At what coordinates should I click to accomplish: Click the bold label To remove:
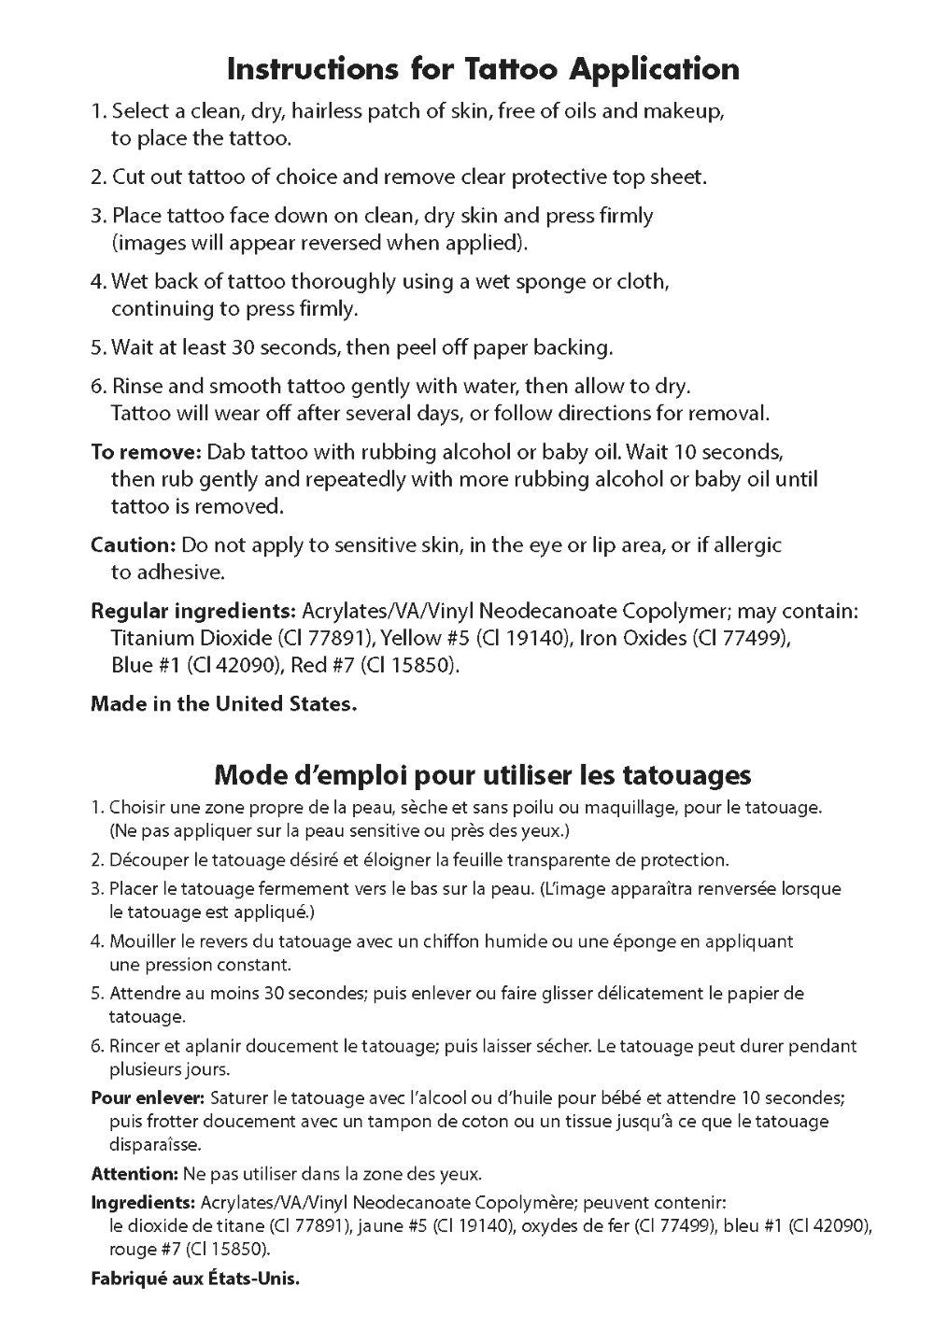pos(146,452)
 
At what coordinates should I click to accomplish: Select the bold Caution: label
pos(133,544)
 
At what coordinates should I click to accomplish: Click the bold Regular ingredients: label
pos(192,611)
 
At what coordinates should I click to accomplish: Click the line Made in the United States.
pos(223,704)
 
